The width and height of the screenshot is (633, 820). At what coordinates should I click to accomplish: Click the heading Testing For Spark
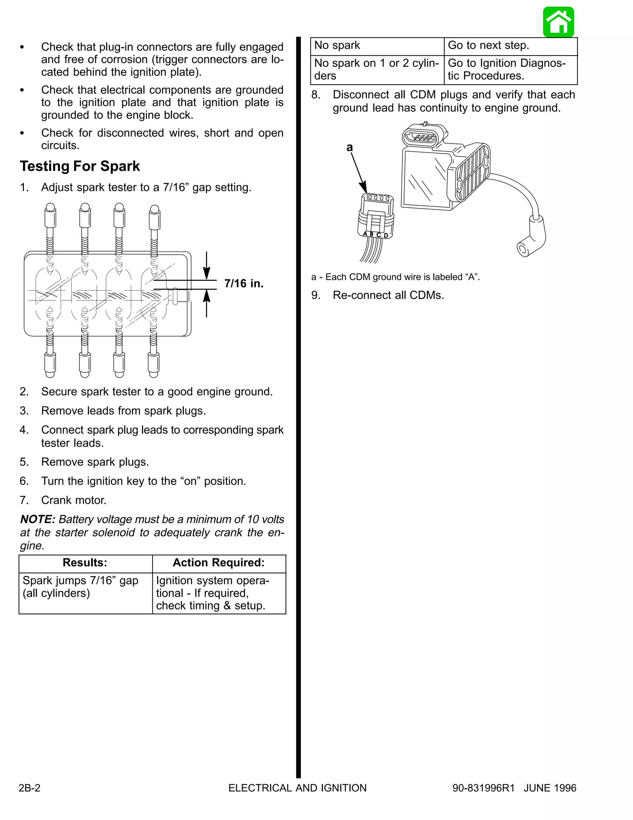(x=80, y=166)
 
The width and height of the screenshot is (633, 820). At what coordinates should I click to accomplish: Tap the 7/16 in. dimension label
(x=244, y=283)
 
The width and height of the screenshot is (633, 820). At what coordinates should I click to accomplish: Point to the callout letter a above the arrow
(x=350, y=148)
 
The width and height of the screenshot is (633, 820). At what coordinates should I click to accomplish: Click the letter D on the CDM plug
(x=386, y=235)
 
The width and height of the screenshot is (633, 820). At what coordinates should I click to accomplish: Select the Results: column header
(x=85, y=563)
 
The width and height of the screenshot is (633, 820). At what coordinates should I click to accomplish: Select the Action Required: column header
(x=219, y=563)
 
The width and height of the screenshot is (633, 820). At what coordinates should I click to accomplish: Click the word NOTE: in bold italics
(x=37, y=519)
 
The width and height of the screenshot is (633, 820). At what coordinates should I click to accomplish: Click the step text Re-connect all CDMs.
(x=388, y=295)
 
